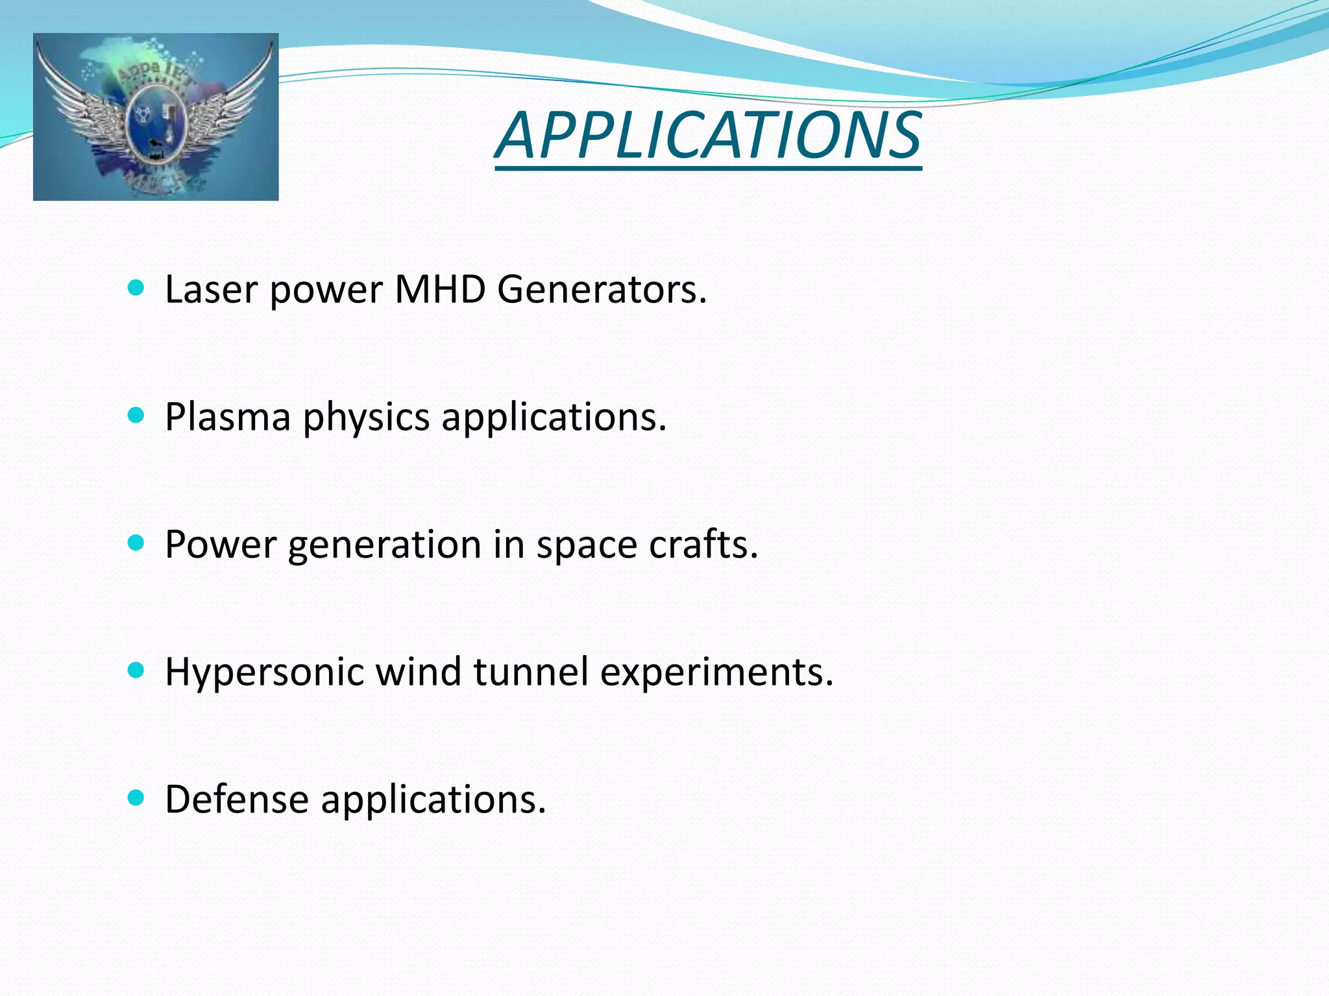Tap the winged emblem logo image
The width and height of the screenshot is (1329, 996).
[x=156, y=117]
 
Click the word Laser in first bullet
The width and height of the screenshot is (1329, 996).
[x=211, y=289]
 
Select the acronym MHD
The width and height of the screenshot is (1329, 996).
[x=440, y=289]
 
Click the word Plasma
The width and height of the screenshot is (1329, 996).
[x=228, y=416]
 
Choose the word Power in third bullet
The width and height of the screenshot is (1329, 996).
[x=221, y=544]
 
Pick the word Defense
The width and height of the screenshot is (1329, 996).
[x=236, y=799]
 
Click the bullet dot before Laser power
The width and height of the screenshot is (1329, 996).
[x=136, y=288]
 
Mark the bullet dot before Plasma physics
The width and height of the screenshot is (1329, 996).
[x=136, y=415]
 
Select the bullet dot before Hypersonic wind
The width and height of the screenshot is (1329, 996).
[x=136, y=670]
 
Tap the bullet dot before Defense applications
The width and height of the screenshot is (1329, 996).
[x=136, y=798]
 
